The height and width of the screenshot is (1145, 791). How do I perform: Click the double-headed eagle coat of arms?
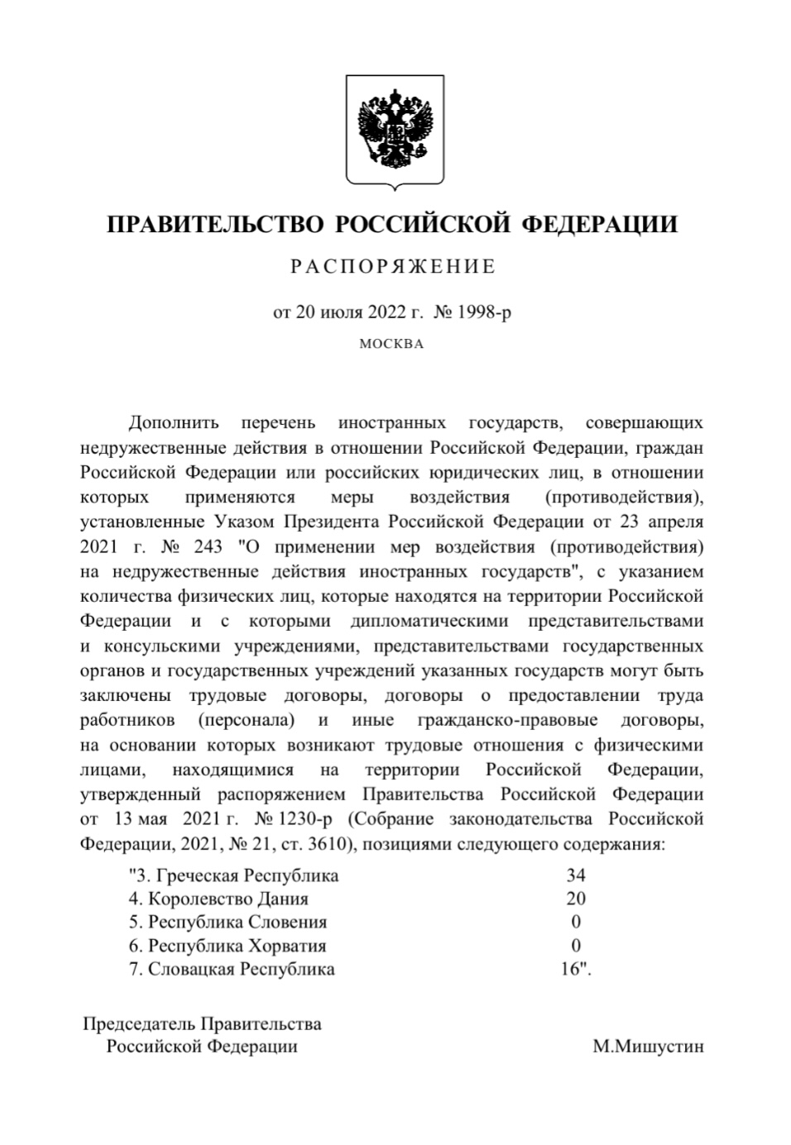(x=395, y=128)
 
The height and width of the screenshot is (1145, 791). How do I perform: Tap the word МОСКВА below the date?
(x=391, y=344)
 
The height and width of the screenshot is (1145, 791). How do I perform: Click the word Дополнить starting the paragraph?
(x=174, y=423)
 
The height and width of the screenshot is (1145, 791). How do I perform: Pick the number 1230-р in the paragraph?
(x=306, y=819)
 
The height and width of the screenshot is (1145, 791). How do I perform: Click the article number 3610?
(x=323, y=845)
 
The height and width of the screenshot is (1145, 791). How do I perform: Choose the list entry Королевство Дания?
(x=228, y=899)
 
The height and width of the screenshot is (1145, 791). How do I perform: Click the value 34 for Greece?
(x=576, y=875)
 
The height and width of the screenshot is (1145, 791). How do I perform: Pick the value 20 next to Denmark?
(x=576, y=899)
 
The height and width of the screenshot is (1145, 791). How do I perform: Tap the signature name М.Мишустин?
(x=648, y=1047)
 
